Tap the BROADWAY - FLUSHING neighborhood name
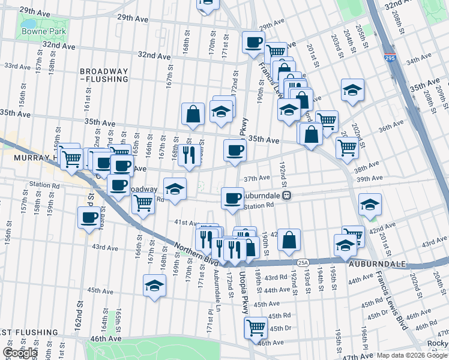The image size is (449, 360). (104, 75)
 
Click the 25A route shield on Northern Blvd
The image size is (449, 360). (303, 262)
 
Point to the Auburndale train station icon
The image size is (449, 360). (288, 195)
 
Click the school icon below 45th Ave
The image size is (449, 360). (154, 285)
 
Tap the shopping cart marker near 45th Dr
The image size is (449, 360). (256, 328)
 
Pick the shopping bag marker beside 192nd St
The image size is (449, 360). (289, 239)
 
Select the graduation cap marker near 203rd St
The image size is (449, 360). (352, 90)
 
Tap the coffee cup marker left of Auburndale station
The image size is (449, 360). (232, 198)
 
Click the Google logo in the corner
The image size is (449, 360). (20, 353)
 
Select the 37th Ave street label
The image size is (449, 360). (256, 178)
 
